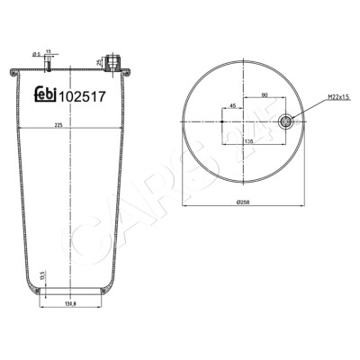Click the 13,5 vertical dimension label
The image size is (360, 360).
pyautogui.click(x=42, y=277)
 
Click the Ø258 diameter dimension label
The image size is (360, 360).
pyautogui.click(x=242, y=202)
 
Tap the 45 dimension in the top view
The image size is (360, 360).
pyautogui.click(x=233, y=105)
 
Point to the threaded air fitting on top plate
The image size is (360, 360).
pyautogui.click(x=112, y=63)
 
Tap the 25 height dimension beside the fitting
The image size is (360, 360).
pyautogui.click(x=98, y=62)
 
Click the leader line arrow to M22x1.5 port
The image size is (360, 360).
pyautogui.click(x=292, y=118)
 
